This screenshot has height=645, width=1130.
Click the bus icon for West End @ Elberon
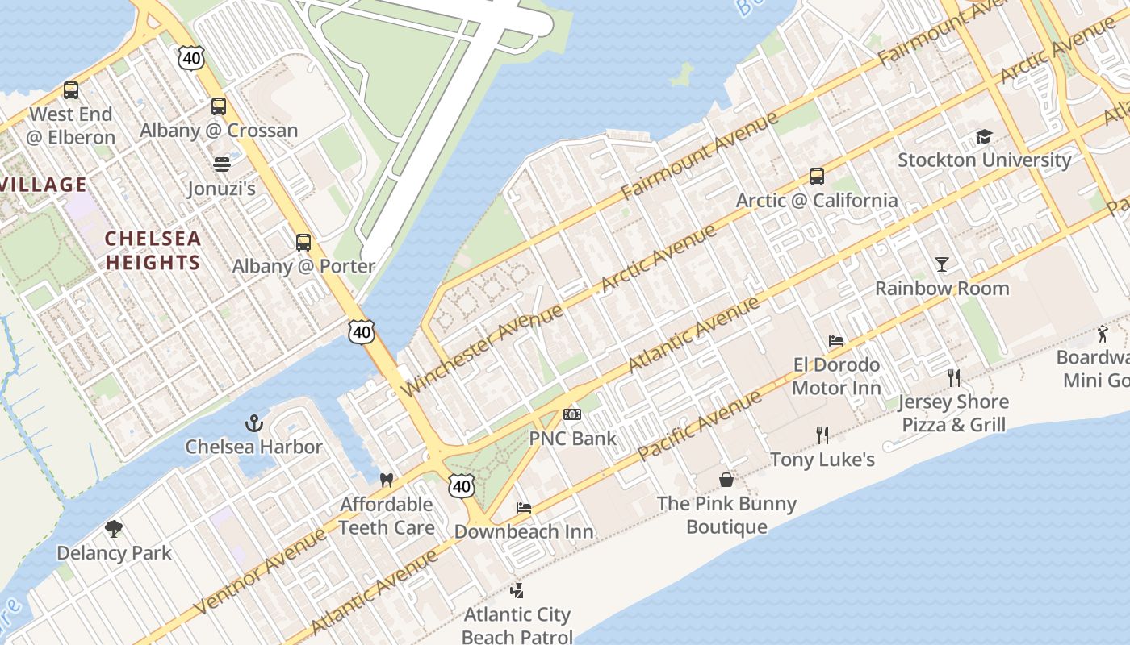[71, 90]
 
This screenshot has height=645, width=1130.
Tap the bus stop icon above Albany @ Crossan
[219, 106]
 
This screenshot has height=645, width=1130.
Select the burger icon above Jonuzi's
[222, 164]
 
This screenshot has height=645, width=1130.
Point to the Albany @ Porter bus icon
[303, 243]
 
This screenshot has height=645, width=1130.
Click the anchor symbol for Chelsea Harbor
[254, 423]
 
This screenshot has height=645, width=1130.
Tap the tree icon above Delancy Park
[114, 529]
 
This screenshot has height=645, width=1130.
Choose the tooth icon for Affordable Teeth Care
[386, 481]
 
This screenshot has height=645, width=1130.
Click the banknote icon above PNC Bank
[572, 414]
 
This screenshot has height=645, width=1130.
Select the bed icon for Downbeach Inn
[524, 508]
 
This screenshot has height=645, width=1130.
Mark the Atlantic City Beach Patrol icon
[517, 591]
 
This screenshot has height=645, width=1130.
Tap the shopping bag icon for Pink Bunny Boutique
[726, 480]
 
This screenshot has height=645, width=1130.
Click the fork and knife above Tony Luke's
[822, 435]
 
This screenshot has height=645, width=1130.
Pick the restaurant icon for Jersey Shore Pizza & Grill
[954, 377]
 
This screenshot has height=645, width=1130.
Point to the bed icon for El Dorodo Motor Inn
[836, 341]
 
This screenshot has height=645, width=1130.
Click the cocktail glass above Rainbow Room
[942, 264]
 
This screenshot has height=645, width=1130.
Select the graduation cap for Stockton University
[984, 136]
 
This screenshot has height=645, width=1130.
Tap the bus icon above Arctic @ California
[817, 177]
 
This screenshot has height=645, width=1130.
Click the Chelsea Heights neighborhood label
[153, 251]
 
